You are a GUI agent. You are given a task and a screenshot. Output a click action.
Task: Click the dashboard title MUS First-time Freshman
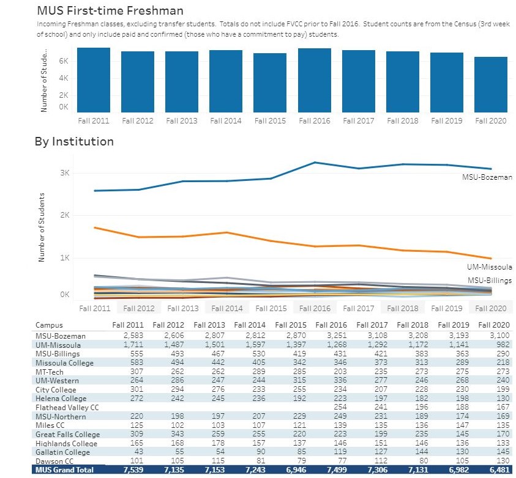coord(110,11)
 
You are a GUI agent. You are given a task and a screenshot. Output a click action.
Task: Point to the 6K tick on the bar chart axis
coord(63,61)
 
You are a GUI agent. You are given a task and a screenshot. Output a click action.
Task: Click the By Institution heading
coord(74,142)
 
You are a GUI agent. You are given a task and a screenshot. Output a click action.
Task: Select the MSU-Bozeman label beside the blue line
coord(487,177)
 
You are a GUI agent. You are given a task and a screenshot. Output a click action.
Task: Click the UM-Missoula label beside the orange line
coord(489,267)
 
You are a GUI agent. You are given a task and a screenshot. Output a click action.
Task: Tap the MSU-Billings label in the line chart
coord(490,280)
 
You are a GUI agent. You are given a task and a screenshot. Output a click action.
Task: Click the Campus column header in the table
coord(49,325)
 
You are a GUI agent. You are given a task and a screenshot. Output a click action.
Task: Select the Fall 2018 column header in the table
coord(410,325)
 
